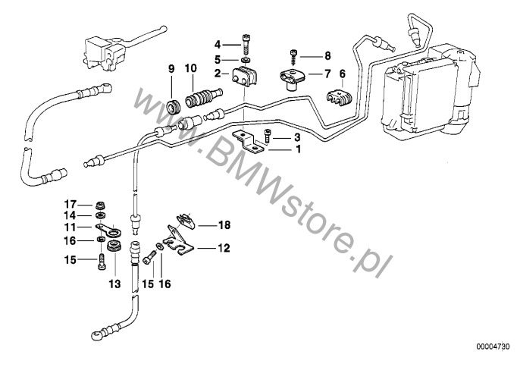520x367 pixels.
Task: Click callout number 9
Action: coord(171,69)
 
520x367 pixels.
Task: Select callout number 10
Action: coord(191,69)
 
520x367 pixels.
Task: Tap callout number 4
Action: coord(217,45)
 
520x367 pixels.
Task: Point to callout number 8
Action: coord(327,55)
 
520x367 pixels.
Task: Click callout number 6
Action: coord(342,74)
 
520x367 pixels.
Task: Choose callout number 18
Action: coord(224,225)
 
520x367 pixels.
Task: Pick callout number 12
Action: coord(224,247)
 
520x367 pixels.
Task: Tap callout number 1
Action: coord(297,149)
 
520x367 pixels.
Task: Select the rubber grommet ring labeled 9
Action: coord(173,102)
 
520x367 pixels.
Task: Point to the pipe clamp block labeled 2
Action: coord(245,76)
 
